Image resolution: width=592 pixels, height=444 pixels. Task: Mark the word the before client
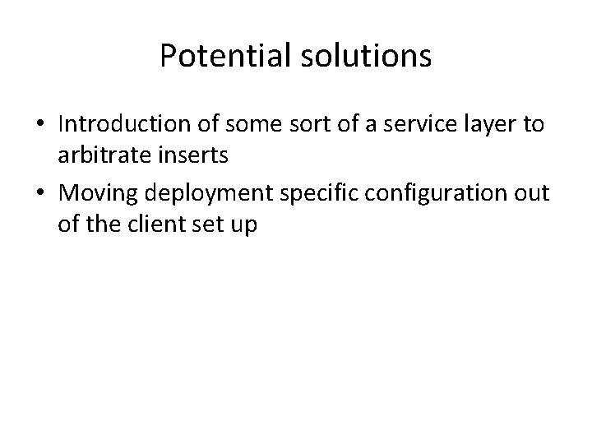[102, 222]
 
